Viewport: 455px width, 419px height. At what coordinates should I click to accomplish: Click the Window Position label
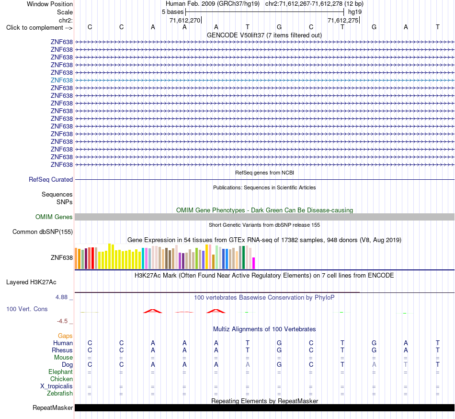[x=50, y=4]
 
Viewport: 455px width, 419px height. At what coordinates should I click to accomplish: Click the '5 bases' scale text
[x=172, y=12]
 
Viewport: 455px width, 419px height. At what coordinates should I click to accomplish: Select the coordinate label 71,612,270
[x=185, y=20]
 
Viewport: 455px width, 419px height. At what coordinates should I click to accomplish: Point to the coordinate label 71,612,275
[x=343, y=20]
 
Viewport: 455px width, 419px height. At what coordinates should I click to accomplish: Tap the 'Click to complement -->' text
[x=39, y=28]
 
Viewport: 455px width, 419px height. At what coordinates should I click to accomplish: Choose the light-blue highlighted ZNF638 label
[x=61, y=80]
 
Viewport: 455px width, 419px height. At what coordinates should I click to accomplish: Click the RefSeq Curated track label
[x=51, y=179]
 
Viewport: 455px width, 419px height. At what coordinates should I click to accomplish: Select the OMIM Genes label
[x=54, y=217]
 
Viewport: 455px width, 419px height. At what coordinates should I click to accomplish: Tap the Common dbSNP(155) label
[x=43, y=232]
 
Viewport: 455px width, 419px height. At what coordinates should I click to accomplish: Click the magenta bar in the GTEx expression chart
[x=254, y=263]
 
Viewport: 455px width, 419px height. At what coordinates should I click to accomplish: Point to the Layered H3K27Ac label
[x=31, y=282]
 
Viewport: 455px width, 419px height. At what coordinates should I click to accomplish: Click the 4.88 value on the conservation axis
[x=61, y=297]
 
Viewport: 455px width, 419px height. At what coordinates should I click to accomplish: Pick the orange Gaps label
[x=65, y=336]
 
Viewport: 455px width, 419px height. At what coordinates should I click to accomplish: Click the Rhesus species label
[x=62, y=350]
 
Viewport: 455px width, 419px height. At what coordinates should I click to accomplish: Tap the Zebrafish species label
[x=60, y=393]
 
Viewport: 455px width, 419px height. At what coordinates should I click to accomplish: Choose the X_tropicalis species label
[x=57, y=386]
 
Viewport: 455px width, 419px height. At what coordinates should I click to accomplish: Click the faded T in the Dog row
[x=406, y=364]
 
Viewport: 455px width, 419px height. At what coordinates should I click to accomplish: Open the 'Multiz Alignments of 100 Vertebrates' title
[x=264, y=329]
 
